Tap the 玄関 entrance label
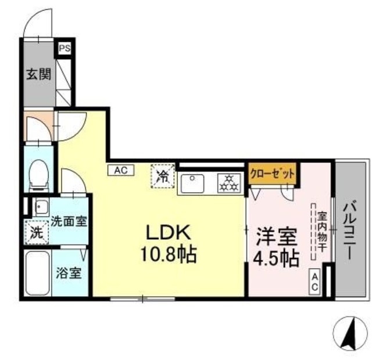coord(38,75)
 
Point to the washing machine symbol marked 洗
coord(36,233)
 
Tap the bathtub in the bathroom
coord(38,272)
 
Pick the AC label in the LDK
coord(121,170)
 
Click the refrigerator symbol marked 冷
coord(163,174)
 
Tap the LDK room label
coord(168,233)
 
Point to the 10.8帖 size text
coord(169,254)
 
